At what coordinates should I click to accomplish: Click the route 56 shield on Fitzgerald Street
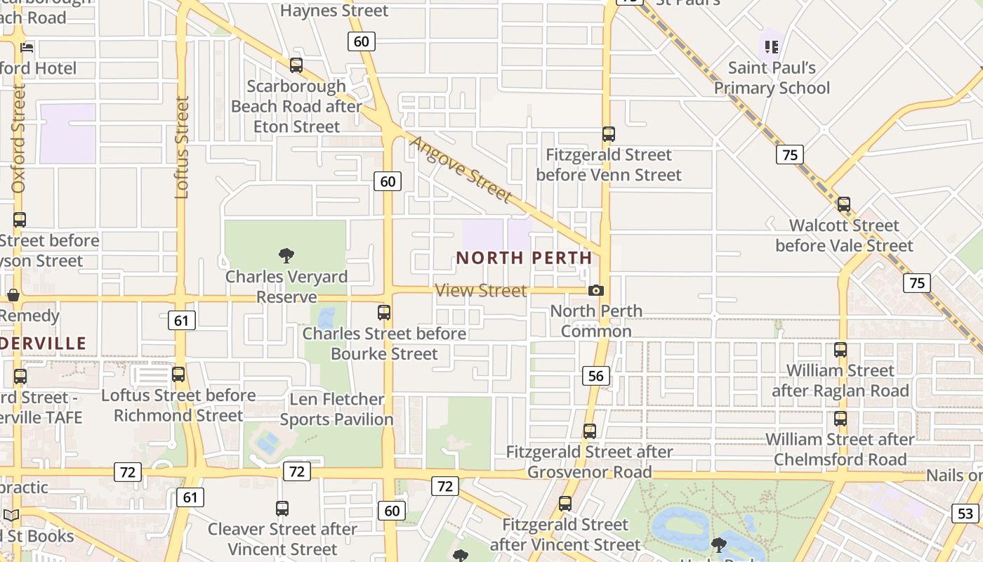coord(595,376)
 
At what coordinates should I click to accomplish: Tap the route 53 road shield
coord(965,513)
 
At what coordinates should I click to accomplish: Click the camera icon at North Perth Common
coord(595,290)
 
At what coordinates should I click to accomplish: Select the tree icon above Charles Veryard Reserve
coord(286,256)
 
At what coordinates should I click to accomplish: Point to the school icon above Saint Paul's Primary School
coord(772,47)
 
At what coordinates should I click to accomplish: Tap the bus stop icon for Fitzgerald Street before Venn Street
coord(609,134)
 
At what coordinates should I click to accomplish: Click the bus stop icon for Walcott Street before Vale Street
coord(843,204)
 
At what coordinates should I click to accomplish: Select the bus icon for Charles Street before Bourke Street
coord(384,313)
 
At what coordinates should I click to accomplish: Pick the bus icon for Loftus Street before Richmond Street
coord(178,374)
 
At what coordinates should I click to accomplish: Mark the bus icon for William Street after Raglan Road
coord(840,350)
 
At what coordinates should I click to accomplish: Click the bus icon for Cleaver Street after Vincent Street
coord(282,509)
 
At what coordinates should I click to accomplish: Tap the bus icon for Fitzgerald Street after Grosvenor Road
coord(590,431)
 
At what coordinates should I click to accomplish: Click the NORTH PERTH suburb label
coord(524,258)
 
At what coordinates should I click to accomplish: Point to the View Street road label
coord(481,290)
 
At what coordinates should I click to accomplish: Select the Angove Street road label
coord(461,169)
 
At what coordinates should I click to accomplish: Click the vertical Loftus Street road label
coord(182,147)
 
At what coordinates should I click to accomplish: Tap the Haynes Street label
coord(334,11)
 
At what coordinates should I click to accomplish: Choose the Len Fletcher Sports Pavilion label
coord(337,409)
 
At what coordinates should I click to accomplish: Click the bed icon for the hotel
coord(27,48)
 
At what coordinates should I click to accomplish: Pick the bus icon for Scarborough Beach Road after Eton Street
coord(296,65)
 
